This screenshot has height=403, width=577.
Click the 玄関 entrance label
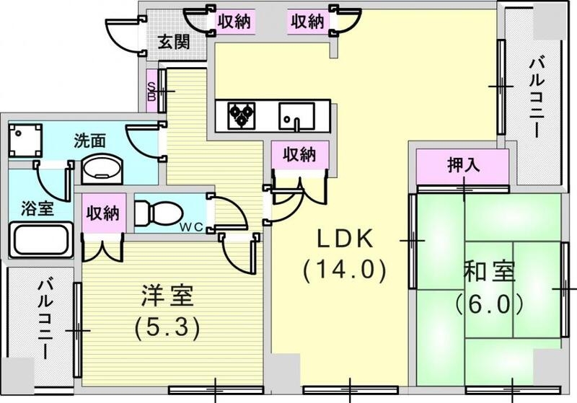pos(175,43)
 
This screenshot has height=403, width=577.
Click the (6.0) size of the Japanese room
pos(489,304)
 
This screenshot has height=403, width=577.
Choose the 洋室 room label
pos(167,296)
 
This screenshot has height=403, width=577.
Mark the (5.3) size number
pos(167,328)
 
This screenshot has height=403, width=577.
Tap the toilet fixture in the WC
pos(153,212)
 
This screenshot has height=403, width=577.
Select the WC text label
pos(190,229)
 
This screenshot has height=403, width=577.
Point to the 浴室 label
pos(36,209)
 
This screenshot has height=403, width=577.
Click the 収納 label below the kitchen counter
pos(299,154)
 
